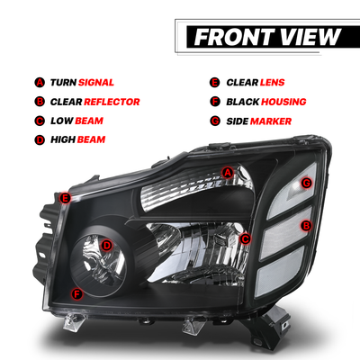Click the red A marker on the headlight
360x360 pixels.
click(x=228, y=173)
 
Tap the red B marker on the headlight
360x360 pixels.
click(x=306, y=226)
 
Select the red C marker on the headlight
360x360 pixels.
click(x=246, y=239)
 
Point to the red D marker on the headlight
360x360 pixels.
click(x=106, y=246)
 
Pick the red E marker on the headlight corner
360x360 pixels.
click(x=65, y=198)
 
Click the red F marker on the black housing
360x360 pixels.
click(x=77, y=294)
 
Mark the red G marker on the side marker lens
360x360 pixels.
click(x=306, y=183)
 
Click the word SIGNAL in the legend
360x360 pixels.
click(x=96, y=83)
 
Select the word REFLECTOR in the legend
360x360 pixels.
click(x=112, y=102)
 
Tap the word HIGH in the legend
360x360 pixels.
click(x=63, y=139)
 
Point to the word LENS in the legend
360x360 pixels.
click(x=273, y=83)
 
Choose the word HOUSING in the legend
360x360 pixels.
click(x=283, y=102)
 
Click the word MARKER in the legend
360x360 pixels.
click(x=271, y=121)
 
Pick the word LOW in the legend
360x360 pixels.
click(x=62, y=121)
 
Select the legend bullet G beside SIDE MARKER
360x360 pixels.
click(x=215, y=121)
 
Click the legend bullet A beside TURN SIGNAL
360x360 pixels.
click(x=40, y=82)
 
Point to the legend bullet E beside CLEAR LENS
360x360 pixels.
click(x=214, y=82)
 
